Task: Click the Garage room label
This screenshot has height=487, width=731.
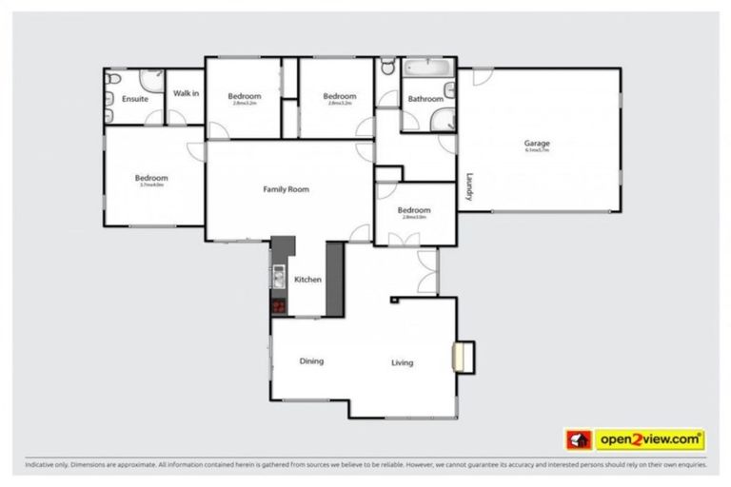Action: point(537,144)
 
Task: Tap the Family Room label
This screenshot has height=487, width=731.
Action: point(286,189)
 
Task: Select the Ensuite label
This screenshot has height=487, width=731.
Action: point(135,99)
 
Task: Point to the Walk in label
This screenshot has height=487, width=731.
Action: point(186,93)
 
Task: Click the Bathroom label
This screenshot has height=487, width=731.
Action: point(425,99)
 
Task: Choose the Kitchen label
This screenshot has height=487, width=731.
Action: point(307,280)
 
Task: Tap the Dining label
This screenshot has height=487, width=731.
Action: point(311,360)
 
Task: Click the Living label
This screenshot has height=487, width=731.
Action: point(403,362)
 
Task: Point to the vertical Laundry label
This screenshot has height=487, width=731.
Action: point(468,185)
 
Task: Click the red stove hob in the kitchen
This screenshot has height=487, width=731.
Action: point(279,306)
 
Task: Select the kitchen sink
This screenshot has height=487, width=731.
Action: point(279,277)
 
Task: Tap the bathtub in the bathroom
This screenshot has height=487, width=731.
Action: point(430,70)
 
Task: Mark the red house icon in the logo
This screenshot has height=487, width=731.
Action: point(579,439)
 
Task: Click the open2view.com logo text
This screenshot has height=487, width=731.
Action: point(649,439)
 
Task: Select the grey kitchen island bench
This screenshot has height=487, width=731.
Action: point(334,277)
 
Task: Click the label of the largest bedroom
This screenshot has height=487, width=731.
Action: point(151,178)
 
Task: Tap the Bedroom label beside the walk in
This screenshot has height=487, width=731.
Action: point(245,96)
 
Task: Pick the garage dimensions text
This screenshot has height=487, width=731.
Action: point(537,150)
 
